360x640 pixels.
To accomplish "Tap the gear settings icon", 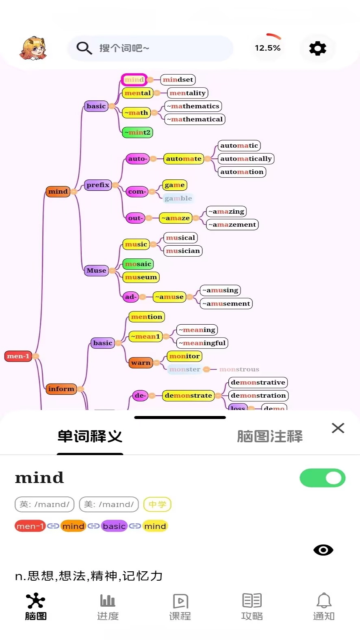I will tap(317, 49).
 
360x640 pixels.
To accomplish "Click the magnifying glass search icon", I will tap(84, 48).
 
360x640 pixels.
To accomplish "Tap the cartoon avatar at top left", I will tap(33, 49).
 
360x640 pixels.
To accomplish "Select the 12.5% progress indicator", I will tap(268, 48).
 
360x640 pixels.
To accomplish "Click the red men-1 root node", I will tap(18, 356).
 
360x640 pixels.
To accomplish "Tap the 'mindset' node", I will tap(178, 80).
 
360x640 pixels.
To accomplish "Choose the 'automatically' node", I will tap(246, 159).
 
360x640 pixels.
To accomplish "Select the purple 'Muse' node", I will tap(96, 270).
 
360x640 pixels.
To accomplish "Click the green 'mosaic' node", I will tap(138, 264).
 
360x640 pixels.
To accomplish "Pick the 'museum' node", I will tap(141, 277).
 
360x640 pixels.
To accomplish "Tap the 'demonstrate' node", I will tap(188, 395).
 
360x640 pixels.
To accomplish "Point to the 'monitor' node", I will tap(184, 356).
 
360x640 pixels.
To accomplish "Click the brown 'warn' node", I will tap(141, 363).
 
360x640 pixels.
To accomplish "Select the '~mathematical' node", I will tap(195, 119).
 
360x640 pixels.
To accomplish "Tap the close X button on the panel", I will tap(338, 428).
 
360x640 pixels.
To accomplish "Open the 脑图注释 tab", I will tap(270, 436).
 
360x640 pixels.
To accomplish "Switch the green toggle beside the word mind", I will tap(322, 478).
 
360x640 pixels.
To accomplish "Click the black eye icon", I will tap(323, 550).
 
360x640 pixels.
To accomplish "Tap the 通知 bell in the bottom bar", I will tap(324, 607).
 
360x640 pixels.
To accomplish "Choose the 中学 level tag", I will tap(157, 504).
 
